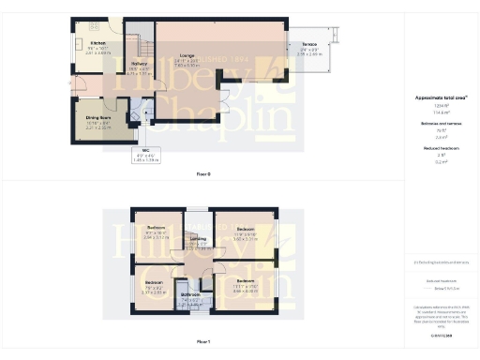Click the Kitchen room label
point(97,43)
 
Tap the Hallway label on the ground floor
point(139,64)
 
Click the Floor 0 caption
point(202,174)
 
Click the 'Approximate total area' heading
point(434,97)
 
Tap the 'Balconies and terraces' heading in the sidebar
point(434,125)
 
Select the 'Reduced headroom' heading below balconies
point(434,148)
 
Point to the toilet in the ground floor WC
point(137,119)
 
